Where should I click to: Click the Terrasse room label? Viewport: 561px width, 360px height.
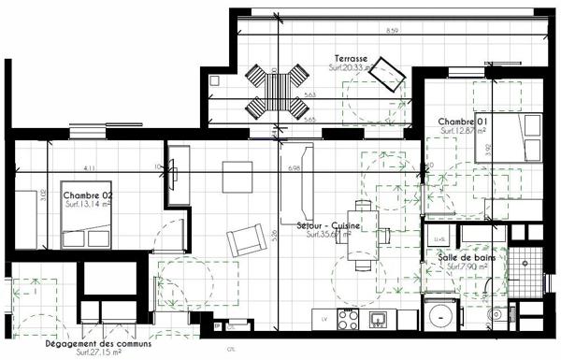tap(346, 58)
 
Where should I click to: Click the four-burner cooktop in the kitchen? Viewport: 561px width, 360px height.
tap(349, 319)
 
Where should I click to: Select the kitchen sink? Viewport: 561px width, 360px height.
tap(379, 320)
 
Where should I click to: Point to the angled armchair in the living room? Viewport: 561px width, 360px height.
tap(246, 242)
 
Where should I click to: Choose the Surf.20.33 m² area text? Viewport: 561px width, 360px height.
tap(352, 68)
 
